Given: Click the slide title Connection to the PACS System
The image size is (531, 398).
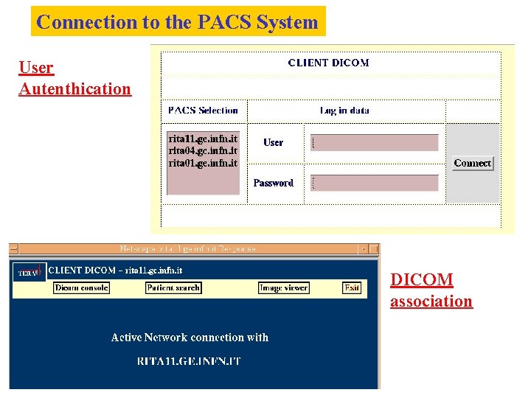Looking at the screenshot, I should point(178,22).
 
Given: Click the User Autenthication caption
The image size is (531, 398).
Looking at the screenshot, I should point(74,78).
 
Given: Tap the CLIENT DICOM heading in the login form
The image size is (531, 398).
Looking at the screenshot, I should point(328,63).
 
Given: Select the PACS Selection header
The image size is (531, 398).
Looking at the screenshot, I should point(203,111).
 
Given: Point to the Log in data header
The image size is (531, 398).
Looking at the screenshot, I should point(344,111).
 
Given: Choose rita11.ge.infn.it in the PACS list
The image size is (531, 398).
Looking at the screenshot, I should point(203,139).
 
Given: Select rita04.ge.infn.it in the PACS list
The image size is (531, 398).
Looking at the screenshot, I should point(203,150).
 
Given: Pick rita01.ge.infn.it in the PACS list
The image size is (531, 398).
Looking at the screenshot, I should point(203,163).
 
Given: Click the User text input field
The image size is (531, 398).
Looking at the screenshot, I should point(374,143).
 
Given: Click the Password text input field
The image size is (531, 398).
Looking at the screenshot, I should point(374,183).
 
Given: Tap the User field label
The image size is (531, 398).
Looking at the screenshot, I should point(273,143).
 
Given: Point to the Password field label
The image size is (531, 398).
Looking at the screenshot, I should point(273,183).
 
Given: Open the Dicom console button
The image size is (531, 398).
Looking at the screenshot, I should point(82,287).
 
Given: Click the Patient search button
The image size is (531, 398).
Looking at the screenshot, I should point(173,287).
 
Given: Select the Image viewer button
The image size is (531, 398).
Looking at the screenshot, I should point(284,287).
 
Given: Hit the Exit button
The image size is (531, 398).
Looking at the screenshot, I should point(352,287).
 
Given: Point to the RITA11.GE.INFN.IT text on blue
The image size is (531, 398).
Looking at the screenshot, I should point(189,361).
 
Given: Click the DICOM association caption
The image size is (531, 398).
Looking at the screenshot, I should point(431,290).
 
